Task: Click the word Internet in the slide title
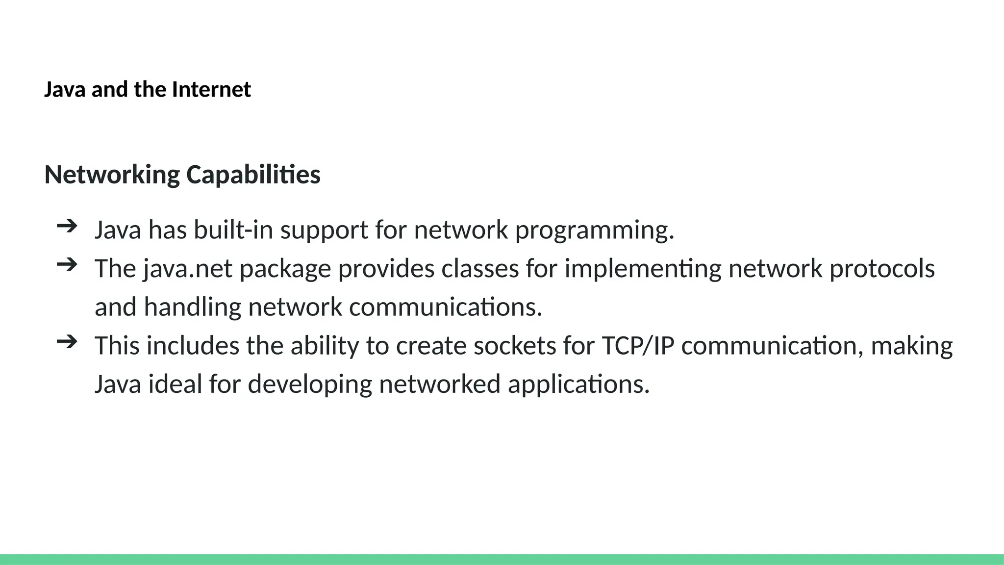(211, 90)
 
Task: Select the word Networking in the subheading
(112, 175)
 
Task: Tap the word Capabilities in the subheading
(253, 175)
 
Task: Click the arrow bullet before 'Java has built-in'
(67, 226)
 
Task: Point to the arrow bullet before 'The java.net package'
(67, 265)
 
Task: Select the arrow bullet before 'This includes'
(67, 342)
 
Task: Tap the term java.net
(188, 269)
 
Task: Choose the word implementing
(643, 269)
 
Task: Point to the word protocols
(882, 269)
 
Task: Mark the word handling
(192, 308)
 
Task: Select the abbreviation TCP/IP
(638, 346)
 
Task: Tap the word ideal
(175, 384)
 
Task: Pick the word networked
(440, 384)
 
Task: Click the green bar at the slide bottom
(502, 559)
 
